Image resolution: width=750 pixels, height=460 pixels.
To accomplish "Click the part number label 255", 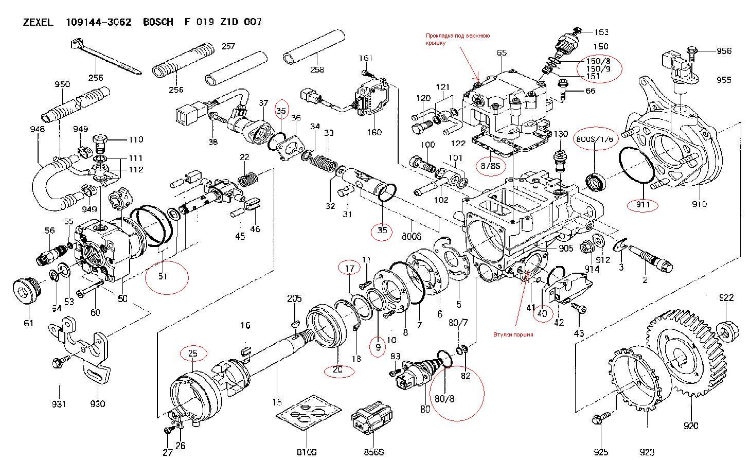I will (x=96, y=78).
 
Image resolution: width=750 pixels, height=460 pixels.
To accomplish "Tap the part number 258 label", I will (x=317, y=70).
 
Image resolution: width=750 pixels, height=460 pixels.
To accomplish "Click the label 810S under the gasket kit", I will (x=306, y=452).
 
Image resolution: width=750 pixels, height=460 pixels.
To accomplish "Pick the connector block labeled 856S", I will (x=370, y=420).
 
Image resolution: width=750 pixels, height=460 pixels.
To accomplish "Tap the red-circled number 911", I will (x=643, y=205).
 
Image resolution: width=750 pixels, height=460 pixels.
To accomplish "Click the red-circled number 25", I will (x=193, y=353).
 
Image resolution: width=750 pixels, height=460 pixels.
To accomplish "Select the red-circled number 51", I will (x=163, y=276).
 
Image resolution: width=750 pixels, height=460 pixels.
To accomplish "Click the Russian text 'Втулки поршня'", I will (x=513, y=334).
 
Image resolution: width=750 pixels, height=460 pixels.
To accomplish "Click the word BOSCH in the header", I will (x=158, y=22).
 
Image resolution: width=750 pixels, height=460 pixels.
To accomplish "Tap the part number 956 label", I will (x=724, y=51).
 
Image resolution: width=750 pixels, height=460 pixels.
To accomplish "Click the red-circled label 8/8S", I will (x=490, y=166).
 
